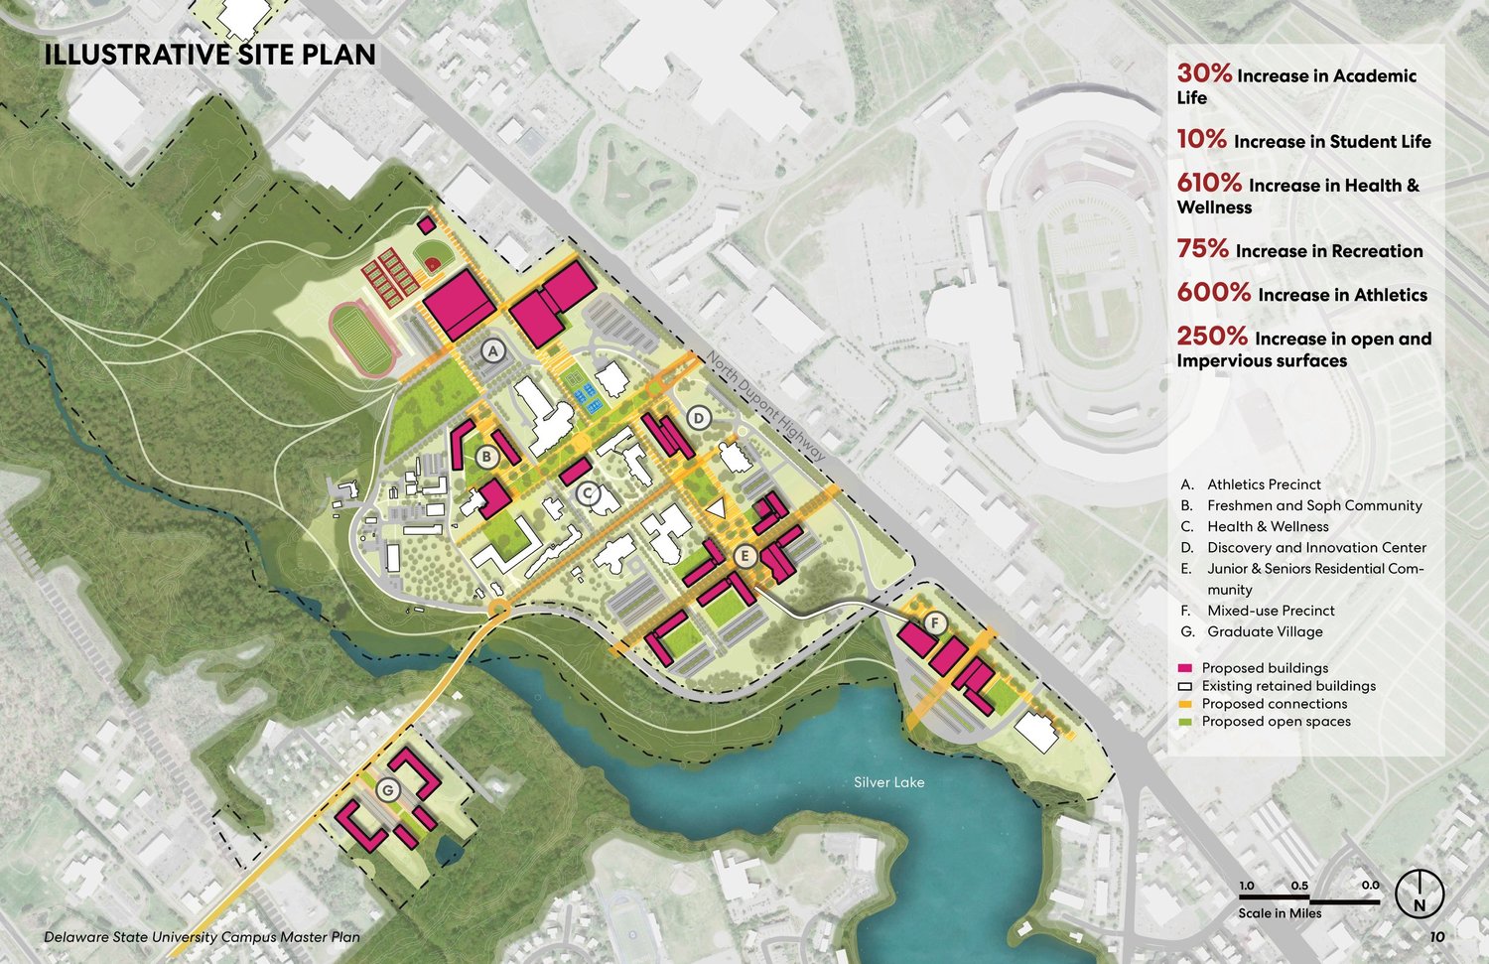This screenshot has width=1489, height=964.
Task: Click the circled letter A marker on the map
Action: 494,349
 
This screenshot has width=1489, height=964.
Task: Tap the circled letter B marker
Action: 487,457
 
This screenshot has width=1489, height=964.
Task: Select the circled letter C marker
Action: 587,491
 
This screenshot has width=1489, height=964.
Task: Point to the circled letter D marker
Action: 699,418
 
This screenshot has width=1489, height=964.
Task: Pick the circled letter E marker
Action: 744,557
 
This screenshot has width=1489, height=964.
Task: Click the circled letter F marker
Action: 934,622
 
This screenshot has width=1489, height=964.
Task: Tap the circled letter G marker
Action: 388,790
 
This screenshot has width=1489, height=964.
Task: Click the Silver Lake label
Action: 888,782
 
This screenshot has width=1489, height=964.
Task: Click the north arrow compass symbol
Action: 1420,894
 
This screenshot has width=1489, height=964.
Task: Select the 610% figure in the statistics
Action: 1209,183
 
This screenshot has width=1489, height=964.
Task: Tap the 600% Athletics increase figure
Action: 1213,293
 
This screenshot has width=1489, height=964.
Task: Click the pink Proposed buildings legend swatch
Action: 1185,668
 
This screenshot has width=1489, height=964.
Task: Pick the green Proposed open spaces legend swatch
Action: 1185,722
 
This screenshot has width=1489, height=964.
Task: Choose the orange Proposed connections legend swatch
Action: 1185,704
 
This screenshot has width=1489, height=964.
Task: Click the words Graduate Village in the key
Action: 1265,631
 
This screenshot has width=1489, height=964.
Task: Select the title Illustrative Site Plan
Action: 209,55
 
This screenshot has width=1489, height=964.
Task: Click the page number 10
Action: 1437,936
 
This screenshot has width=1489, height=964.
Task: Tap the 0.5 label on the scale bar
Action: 1298,886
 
